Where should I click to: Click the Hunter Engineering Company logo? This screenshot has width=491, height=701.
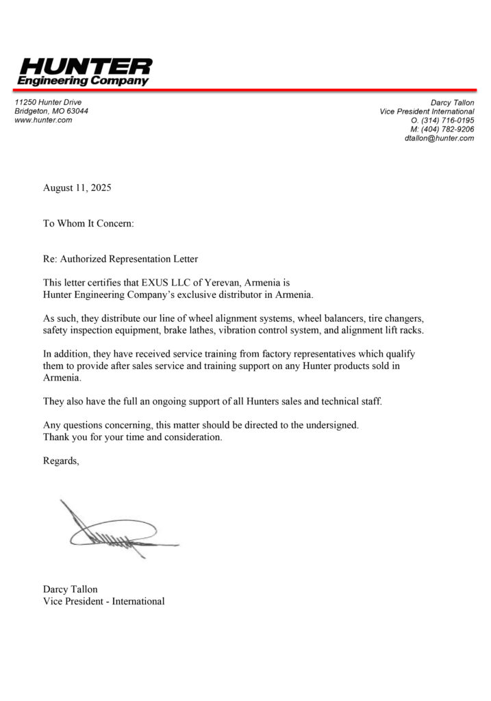click(x=84, y=71)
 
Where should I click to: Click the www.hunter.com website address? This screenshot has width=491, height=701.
click(x=43, y=120)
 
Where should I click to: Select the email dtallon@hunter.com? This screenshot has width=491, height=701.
click(x=439, y=138)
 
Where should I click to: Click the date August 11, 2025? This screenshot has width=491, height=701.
click(x=77, y=188)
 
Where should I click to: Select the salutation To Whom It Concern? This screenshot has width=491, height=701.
click(x=88, y=223)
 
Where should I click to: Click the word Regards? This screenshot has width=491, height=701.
click(x=61, y=461)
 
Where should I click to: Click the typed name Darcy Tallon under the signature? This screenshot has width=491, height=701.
click(x=70, y=589)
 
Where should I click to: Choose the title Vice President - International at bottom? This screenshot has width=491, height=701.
click(x=103, y=601)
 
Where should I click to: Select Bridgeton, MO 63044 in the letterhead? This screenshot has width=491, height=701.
click(x=51, y=111)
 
